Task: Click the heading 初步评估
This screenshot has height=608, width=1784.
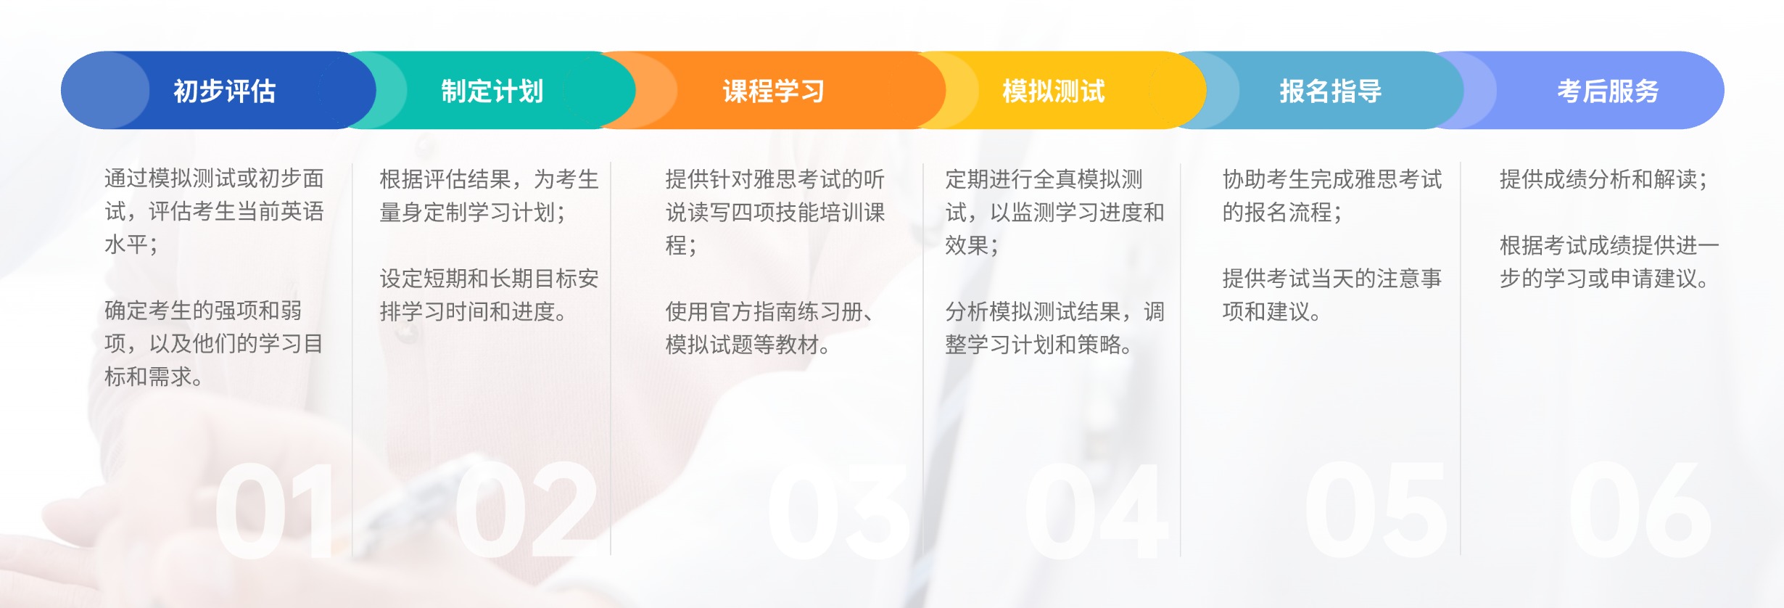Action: [225, 91]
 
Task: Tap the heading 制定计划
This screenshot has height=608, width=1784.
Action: [492, 91]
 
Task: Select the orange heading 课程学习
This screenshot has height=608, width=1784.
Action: [774, 91]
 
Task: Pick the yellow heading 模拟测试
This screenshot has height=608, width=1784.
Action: [1054, 91]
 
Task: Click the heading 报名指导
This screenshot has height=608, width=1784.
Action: [1331, 91]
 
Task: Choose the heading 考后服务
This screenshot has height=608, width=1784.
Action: [1609, 91]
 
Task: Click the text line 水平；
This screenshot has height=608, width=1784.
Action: [131, 245]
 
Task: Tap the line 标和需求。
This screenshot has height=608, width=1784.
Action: [154, 377]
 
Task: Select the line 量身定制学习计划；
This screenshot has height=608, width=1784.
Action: [473, 212]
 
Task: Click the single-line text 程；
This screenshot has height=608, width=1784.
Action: [682, 245]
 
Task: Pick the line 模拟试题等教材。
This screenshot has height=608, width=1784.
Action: [748, 344]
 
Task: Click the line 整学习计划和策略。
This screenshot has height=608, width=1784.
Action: [1039, 344]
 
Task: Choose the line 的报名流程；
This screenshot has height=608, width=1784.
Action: [1282, 212]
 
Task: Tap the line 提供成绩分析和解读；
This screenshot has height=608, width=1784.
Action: [1603, 178]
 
